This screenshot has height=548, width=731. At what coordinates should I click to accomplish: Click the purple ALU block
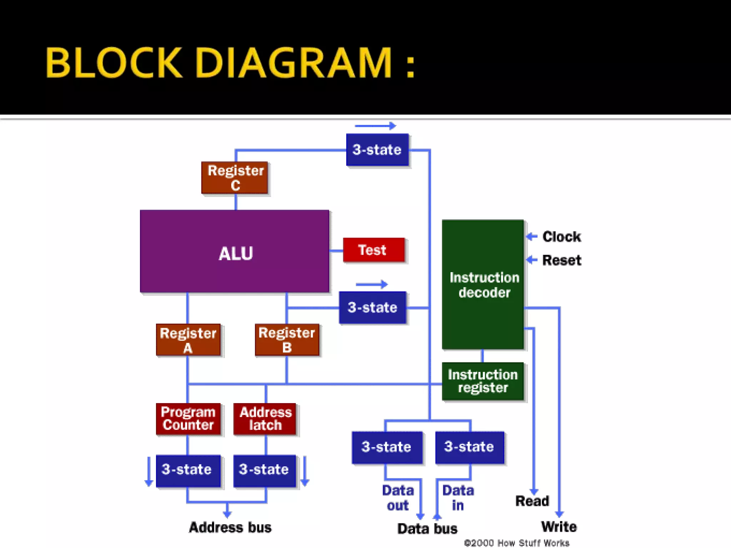[235, 252]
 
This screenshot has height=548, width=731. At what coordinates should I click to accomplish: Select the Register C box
[235, 178]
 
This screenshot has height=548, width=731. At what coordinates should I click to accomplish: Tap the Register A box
[188, 340]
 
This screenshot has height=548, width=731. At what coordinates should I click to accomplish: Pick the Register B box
[287, 340]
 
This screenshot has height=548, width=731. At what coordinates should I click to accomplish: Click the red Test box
[374, 250]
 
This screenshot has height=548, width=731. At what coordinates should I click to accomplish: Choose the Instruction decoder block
[483, 284]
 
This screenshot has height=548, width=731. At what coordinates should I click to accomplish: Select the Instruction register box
[483, 381]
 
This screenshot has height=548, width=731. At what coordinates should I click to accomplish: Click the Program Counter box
[188, 418]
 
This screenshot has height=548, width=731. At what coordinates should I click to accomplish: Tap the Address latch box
[265, 418]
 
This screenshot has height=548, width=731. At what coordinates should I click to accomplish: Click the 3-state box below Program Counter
[188, 470]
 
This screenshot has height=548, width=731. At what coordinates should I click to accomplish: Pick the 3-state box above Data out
[387, 447]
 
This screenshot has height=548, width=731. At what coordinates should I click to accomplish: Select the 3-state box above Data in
[470, 447]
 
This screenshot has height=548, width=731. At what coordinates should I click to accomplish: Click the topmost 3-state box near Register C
[377, 150]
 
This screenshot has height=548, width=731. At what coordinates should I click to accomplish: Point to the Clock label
[561, 237]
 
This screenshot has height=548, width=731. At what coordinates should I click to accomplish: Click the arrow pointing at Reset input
[532, 260]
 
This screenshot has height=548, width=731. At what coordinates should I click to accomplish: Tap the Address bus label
[230, 527]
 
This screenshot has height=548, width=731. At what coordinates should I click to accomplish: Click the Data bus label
[427, 528]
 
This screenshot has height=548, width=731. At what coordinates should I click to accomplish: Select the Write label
[559, 527]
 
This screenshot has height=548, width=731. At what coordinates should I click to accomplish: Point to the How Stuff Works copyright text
[516, 543]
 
